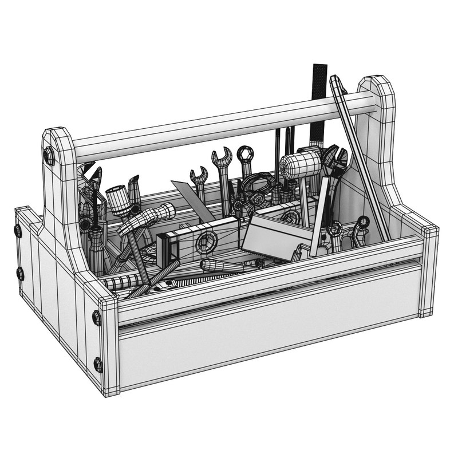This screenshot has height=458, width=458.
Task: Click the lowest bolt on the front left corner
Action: point(98,364)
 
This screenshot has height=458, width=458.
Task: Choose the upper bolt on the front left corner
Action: point(96,318)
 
